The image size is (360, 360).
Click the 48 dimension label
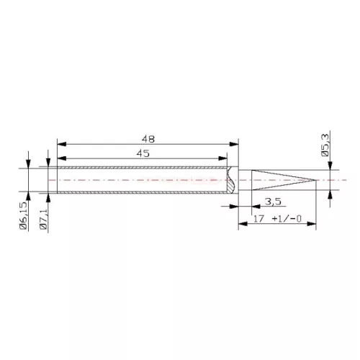(x=148, y=139)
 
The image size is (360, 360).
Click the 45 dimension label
(x=143, y=153)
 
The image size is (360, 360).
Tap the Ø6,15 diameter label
(x=24, y=216)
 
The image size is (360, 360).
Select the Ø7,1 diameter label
(x=43, y=220)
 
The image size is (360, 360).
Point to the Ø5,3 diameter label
(x=325, y=145)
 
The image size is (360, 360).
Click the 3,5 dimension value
(x=273, y=202)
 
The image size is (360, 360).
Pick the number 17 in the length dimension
(x=258, y=219)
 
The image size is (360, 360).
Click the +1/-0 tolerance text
(x=287, y=219)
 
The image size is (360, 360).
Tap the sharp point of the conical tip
(x=315, y=180)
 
